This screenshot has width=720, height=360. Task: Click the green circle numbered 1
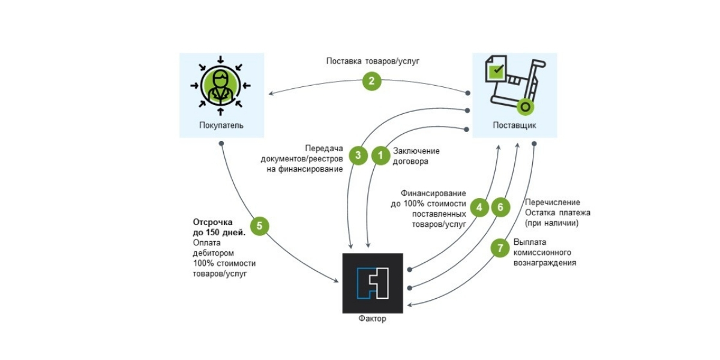[380, 156]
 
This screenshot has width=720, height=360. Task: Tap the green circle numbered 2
[371, 81]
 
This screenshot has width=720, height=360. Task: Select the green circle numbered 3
[358, 156]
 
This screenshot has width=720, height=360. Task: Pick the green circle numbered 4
[479, 208]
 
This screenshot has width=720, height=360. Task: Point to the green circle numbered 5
[259, 226]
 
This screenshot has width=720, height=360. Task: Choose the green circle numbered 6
[501, 208]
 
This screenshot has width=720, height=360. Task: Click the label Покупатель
[221, 125]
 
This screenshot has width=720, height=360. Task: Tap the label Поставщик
[514, 125]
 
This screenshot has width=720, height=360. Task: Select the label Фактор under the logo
[373, 319]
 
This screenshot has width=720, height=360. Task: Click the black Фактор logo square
[373, 283]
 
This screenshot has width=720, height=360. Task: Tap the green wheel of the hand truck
[526, 107]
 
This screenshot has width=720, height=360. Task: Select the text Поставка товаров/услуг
[371, 61]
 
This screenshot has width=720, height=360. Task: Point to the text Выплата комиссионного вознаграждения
[545, 253]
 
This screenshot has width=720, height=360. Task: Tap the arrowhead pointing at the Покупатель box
[271, 93]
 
